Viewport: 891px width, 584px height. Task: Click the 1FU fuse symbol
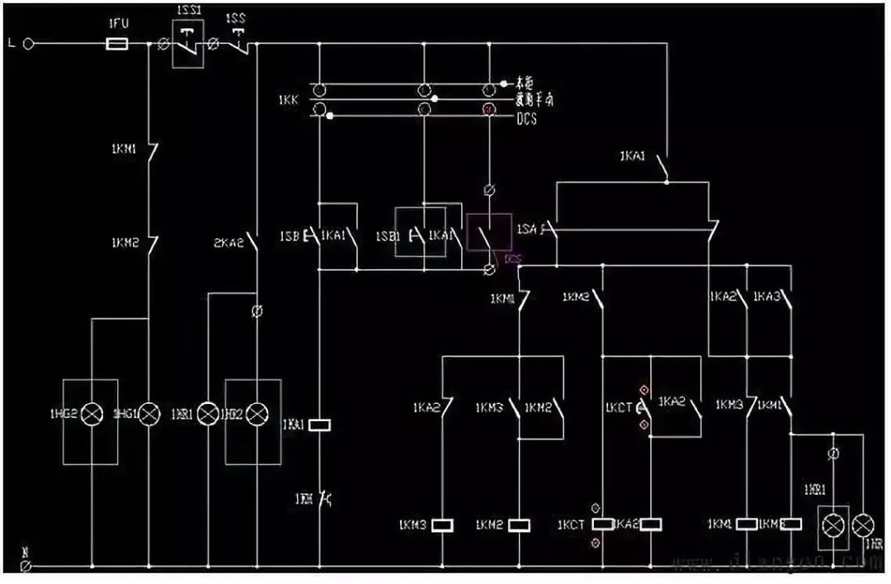tap(118, 43)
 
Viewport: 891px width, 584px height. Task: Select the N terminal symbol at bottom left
tap(26, 567)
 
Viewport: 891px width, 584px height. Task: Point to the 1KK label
tap(289, 100)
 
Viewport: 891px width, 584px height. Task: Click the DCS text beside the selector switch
tap(527, 119)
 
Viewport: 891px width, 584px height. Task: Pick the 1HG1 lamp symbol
tap(149, 413)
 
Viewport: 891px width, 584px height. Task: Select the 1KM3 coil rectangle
tap(443, 525)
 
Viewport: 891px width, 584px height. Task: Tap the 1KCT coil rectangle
tap(604, 524)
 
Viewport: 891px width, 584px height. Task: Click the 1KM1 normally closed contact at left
tap(149, 154)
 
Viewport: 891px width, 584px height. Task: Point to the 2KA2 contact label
tap(228, 243)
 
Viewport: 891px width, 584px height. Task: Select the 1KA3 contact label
tap(767, 296)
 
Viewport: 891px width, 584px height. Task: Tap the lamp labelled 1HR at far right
tap(863, 524)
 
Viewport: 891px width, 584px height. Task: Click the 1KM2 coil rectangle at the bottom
tap(519, 525)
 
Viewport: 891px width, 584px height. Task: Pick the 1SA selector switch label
tap(528, 228)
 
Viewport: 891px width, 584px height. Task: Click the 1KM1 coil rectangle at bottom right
tap(747, 524)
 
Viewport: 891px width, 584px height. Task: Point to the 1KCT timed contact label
tap(619, 406)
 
